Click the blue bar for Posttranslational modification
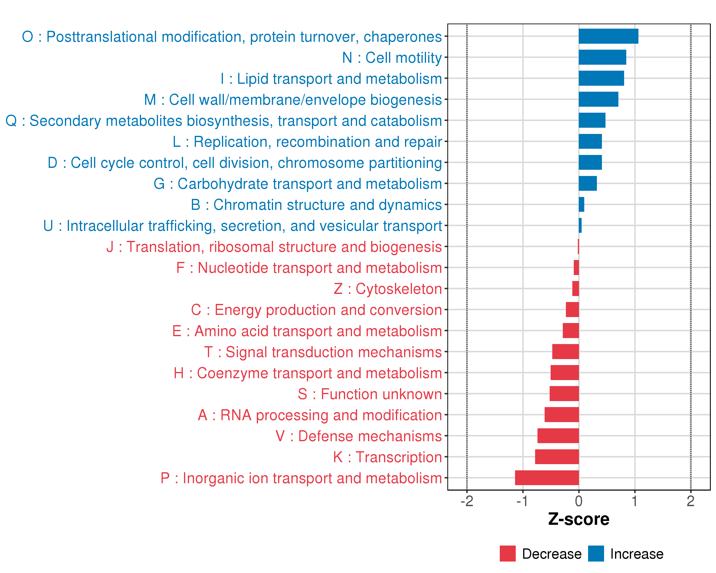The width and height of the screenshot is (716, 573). [608, 36]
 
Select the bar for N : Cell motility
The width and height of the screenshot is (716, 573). [602, 57]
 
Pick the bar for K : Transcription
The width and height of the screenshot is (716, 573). [557, 457]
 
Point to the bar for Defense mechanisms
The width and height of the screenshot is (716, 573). [558, 435]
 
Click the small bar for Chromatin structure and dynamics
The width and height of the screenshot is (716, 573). [581, 204]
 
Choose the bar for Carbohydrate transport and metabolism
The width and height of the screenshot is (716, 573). [588, 183]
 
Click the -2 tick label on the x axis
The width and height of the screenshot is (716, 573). [467, 501]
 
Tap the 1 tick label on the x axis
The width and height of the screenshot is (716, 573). [634, 501]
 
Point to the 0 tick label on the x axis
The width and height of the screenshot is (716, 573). [579, 501]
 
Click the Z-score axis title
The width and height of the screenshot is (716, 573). [579, 519]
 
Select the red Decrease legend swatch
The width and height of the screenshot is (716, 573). [507, 553]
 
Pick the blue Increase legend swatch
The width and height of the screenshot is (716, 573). [596, 553]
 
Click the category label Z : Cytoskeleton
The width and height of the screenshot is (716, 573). [388, 289]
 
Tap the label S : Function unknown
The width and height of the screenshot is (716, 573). [370, 394]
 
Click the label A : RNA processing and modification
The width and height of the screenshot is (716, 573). [320, 415]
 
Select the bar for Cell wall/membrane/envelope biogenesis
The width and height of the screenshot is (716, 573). [598, 99]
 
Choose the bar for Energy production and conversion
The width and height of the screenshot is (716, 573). [572, 310]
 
